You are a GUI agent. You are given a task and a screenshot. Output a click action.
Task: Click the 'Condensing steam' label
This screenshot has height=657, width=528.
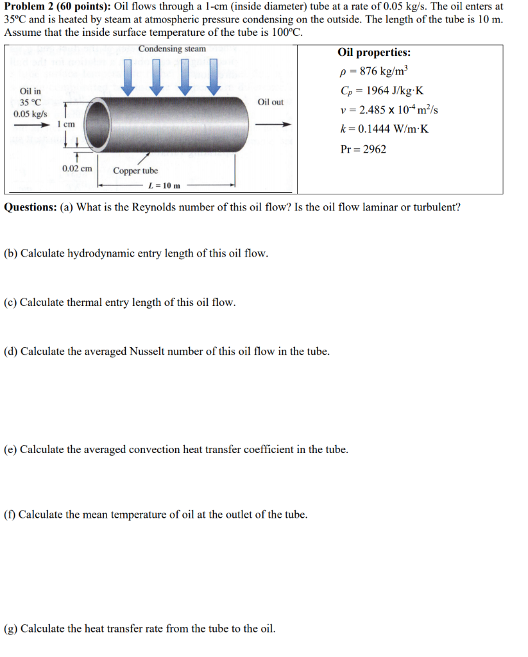172,49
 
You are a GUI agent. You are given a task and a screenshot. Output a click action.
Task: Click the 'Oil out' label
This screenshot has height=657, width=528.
270,102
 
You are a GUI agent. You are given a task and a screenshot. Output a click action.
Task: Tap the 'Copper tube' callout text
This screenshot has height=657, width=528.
135,171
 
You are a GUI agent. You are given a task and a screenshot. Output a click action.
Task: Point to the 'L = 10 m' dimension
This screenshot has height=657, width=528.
164,186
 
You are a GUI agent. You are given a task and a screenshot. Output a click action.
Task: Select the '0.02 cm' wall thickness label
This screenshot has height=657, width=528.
77,169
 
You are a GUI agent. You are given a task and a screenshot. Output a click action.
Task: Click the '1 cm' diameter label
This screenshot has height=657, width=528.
66,124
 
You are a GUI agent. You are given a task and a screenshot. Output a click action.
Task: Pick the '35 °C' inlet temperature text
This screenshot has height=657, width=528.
30,103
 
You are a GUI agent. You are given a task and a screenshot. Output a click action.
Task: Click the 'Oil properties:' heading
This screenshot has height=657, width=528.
374,53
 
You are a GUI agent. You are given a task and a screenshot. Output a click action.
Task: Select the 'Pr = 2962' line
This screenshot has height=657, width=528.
363,149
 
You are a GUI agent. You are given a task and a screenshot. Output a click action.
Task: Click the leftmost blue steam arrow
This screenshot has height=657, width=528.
129,75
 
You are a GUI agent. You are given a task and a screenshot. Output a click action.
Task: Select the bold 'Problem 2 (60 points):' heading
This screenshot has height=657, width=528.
57,6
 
